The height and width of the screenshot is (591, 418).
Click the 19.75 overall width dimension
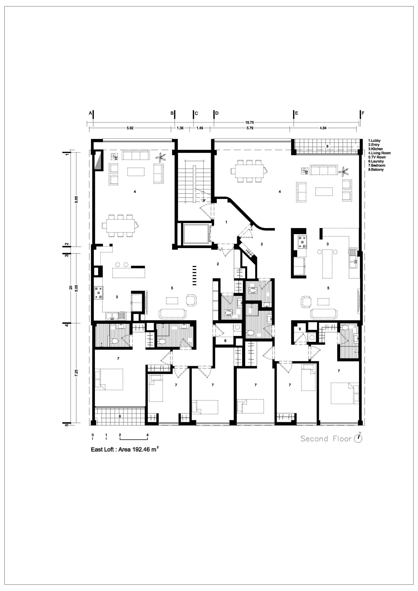coord(249,123)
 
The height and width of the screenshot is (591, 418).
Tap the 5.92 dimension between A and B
coord(130,128)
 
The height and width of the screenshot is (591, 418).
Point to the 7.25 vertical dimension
coord(76,373)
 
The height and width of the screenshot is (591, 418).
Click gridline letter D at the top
coord(217,113)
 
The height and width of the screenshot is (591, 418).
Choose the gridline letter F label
coord(363,113)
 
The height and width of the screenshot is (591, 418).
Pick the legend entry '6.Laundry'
coord(376,161)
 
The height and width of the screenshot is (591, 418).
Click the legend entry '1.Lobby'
coord(374,141)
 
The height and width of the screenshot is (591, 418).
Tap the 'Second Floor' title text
coord(326,439)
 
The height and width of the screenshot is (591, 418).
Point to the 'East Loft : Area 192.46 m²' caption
coord(125,449)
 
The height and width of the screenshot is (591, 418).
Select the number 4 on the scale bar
coord(148,435)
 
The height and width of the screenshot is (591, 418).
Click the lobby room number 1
coord(226,222)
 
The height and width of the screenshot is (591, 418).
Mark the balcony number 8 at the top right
coord(327,146)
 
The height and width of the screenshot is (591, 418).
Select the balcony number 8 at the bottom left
coord(120,416)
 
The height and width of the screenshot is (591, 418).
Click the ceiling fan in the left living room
coord(161,157)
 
